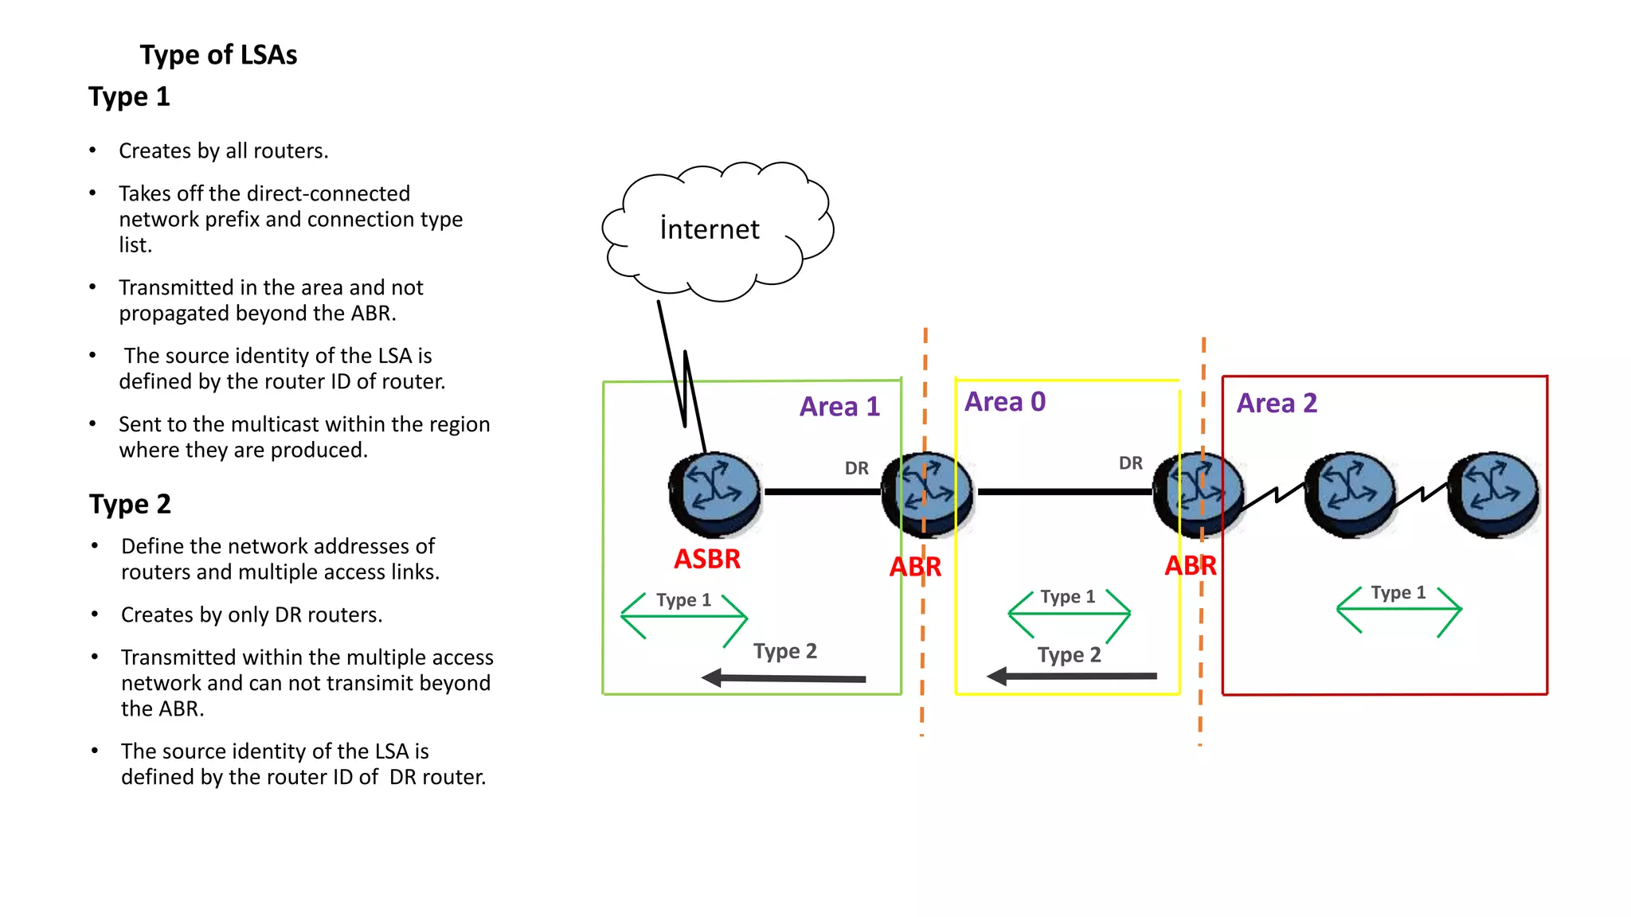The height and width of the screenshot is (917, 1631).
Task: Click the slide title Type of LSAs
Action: [218, 55]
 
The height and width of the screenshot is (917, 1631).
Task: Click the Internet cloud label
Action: [710, 229]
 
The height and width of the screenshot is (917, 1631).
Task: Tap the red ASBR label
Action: [707, 559]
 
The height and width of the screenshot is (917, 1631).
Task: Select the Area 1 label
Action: [839, 407]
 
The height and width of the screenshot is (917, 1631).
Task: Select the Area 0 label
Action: [1005, 402]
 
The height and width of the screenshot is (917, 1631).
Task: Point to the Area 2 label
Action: [1277, 404]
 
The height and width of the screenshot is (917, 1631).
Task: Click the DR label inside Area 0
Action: [1130, 463]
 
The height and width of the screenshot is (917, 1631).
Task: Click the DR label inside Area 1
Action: [856, 468]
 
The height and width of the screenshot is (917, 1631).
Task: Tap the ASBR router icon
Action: [714, 494]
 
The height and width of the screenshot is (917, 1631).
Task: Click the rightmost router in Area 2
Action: [1493, 494]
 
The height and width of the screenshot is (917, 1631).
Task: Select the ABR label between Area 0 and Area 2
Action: [1190, 566]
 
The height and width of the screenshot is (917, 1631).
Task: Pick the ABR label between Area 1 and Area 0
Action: [915, 568]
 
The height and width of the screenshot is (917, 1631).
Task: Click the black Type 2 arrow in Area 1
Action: [784, 678]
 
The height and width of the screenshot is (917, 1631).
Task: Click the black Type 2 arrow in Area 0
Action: [1071, 677]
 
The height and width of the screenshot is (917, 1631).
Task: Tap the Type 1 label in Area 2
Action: [1398, 593]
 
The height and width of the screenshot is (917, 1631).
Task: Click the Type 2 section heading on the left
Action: [130, 505]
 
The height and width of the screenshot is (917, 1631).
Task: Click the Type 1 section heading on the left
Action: [129, 97]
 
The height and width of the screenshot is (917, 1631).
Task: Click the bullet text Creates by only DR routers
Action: [252, 615]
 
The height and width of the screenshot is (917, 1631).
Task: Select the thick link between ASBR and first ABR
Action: [822, 492]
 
